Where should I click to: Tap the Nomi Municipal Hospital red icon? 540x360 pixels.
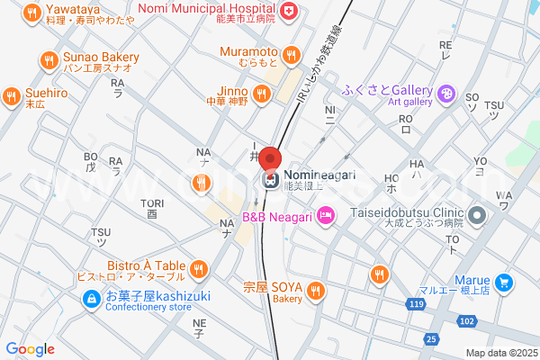288,11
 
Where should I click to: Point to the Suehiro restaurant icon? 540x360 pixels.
11,96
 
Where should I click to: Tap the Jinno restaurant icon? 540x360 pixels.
261,94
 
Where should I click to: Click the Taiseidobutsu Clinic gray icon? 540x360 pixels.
478,216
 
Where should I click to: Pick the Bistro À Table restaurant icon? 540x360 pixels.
199,268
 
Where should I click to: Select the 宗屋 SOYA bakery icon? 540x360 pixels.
315,290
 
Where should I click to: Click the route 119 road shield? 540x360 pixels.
416,305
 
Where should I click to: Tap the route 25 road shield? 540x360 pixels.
432,339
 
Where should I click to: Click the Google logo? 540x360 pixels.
30,349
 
